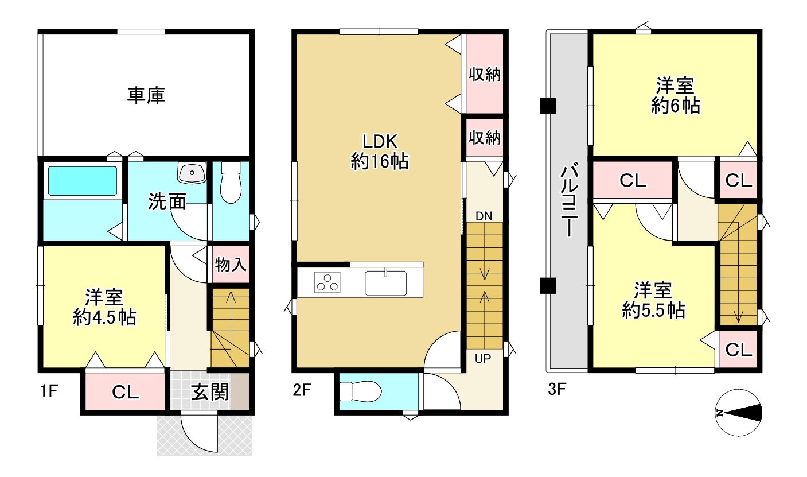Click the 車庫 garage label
pos(146,95)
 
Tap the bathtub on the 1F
pos(83,181)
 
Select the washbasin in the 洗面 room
pos(192,172)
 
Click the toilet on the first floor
pos(231,183)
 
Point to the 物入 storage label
pos(231,265)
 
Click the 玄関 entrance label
pos(210,392)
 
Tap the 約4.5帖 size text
pos(104,317)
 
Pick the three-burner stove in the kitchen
pos(327,282)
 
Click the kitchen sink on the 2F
pos(385,283)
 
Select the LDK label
pos(380,141)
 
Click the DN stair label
pos(484,216)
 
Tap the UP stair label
pos(483,359)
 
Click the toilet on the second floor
pos(360,391)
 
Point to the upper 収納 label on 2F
pos(485,74)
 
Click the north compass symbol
pos(739,413)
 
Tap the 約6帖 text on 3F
pos(676,106)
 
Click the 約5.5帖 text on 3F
pos(653,310)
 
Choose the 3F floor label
pos(557,390)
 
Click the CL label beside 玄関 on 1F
pos(126,392)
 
